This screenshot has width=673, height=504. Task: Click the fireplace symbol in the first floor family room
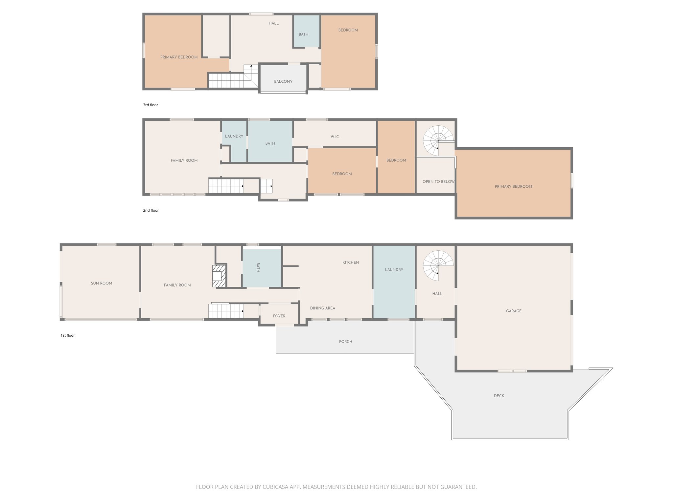pos(219,276)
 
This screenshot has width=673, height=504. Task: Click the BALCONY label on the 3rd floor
pos(283,81)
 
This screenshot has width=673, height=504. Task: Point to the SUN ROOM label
pos(102,283)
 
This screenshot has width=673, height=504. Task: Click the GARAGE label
pos(514,311)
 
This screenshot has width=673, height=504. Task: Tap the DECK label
pos(499,396)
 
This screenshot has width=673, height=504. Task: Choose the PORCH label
pos(345,342)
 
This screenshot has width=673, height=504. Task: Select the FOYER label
pos(279,316)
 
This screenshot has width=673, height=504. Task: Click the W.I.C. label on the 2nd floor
pos(335,136)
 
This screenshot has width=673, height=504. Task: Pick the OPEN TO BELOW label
pos(438,181)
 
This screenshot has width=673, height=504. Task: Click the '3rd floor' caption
pos(151,105)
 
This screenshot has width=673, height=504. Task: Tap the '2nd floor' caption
pos(151,210)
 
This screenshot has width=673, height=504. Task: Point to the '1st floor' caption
pos(68,335)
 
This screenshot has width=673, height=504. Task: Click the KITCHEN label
pos(351,262)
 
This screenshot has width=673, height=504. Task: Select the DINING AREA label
pos(322,308)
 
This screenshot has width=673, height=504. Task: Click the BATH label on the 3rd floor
pos(303,34)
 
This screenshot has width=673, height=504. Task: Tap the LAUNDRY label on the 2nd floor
pos(234,136)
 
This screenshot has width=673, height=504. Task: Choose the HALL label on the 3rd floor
pos(273,23)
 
